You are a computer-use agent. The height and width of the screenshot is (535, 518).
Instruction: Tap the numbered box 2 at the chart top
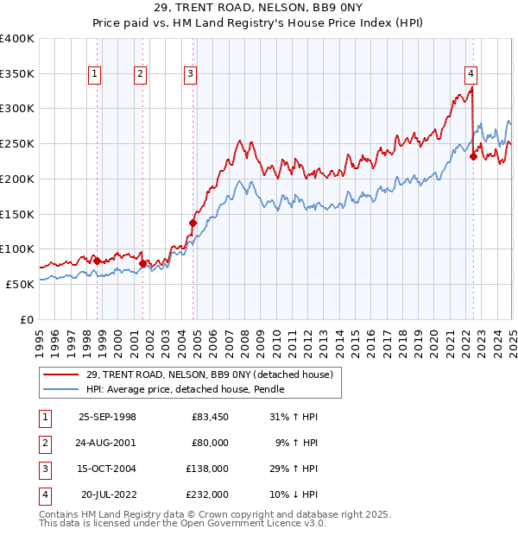(139, 74)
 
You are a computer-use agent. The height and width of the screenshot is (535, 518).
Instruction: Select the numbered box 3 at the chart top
(189, 74)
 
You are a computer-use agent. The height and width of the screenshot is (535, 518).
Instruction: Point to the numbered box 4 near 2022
(471, 74)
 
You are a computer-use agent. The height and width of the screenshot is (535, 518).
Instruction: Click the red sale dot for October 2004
(193, 223)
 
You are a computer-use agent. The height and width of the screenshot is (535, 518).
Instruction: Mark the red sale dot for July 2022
(473, 156)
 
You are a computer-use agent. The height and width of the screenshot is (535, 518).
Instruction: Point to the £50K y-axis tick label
(20, 284)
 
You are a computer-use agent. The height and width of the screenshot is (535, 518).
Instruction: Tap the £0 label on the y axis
(27, 319)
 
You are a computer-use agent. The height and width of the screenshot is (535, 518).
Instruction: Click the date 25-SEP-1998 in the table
(107, 418)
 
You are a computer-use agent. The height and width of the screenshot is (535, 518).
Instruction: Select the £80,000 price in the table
(210, 444)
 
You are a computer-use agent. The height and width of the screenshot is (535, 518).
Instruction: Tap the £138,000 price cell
(208, 469)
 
